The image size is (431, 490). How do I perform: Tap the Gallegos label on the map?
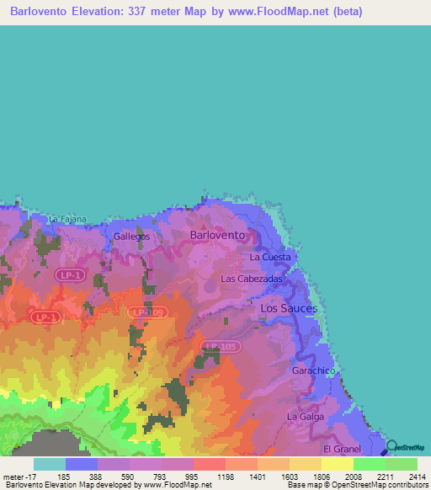(x=131, y=237)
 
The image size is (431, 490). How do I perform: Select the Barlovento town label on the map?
(x=217, y=235)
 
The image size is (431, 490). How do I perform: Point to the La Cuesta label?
(x=270, y=257)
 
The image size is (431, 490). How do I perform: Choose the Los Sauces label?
(x=289, y=309)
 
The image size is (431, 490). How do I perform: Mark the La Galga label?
(x=304, y=416)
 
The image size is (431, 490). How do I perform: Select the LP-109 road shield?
(x=149, y=312)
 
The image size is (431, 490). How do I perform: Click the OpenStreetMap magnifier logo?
(x=391, y=446)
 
